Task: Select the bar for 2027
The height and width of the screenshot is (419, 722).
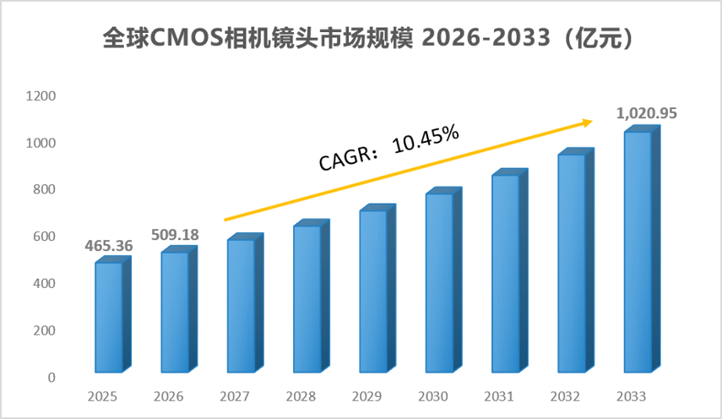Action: tap(246, 303)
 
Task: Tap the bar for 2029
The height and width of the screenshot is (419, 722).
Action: tap(377, 288)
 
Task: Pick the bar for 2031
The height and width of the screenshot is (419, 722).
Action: tap(510, 270)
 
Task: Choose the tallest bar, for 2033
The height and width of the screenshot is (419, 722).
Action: tap(643, 248)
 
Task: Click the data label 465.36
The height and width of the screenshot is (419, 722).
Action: tap(109, 246)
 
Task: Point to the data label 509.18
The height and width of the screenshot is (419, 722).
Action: tap(175, 235)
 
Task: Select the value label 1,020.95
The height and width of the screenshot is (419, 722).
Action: tap(647, 113)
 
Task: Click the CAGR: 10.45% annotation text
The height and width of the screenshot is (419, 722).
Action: tap(389, 148)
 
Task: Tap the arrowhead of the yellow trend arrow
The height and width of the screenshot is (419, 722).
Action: tap(589, 122)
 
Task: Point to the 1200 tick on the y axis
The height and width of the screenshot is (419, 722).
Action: tap(41, 95)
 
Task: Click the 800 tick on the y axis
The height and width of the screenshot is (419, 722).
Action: tap(44, 189)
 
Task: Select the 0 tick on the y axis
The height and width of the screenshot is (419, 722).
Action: tap(52, 378)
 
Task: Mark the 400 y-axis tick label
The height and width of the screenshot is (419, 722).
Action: tap(44, 283)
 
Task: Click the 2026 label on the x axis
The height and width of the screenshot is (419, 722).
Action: tap(169, 396)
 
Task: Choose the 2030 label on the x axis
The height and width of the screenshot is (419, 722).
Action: tap(433, 396)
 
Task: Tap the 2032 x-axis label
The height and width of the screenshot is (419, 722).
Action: tap(565, 396)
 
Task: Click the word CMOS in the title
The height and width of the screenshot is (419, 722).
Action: tap(187, 38)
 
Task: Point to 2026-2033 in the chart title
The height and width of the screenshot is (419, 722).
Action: tap(486, 38)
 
